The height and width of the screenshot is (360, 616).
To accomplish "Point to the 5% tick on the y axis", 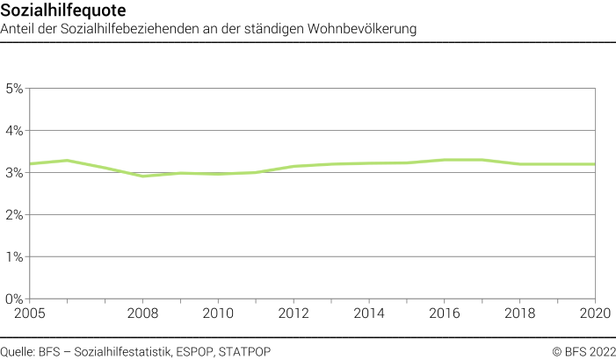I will tap(14, 89).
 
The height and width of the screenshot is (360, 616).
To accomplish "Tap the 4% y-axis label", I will tap(14, 131).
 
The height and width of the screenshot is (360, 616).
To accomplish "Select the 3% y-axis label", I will tap(14, 173).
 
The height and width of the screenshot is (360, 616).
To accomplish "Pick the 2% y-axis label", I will tap(14, 215).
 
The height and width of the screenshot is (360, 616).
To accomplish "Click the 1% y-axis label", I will tap(14, 257).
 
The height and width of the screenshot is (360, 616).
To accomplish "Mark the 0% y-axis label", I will tap(14, 299).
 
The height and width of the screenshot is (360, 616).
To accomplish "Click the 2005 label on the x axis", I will tap(29, 313).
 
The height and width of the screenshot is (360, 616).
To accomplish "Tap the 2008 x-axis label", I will tap(142, 313).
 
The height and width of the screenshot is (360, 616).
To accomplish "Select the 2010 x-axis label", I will tap(218, 313).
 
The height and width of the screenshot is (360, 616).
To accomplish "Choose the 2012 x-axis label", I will tap(294, 313).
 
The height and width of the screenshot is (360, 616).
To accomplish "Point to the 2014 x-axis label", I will tap(369, 313).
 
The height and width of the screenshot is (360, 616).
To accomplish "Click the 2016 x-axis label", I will tap(445, 313).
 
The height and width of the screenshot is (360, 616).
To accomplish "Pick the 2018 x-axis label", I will tap(520, 313).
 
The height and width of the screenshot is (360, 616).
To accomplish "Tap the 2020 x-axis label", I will tap(595, 313).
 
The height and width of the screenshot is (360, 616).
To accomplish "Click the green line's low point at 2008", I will tap(142, 176).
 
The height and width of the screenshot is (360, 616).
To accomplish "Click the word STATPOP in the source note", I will tap(245, 352).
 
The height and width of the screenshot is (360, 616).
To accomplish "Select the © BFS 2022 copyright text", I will tap(583, 352).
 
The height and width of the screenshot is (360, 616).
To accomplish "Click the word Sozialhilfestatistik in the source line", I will tap(130, 352).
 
